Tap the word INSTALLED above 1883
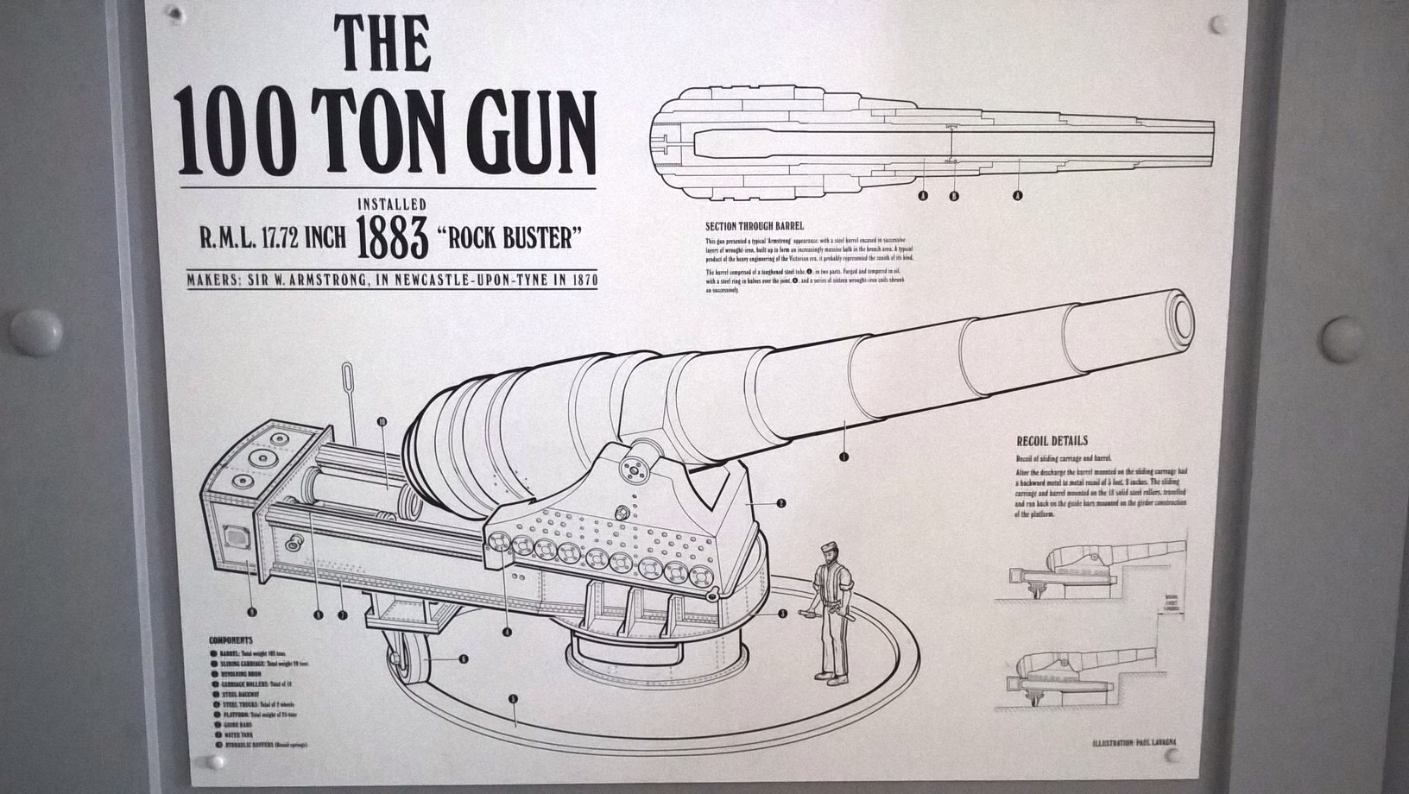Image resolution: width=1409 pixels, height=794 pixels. [393, 205]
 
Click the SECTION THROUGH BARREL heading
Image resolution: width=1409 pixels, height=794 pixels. [754, 226]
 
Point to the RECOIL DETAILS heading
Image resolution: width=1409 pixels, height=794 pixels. [1052, 441]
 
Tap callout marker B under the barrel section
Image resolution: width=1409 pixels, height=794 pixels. [954, 196]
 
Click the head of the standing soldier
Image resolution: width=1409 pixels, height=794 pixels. [832, 552]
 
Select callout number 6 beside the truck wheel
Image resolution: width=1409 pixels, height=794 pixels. [464, 659]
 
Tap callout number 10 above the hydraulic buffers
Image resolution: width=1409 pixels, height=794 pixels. [382, 421]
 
